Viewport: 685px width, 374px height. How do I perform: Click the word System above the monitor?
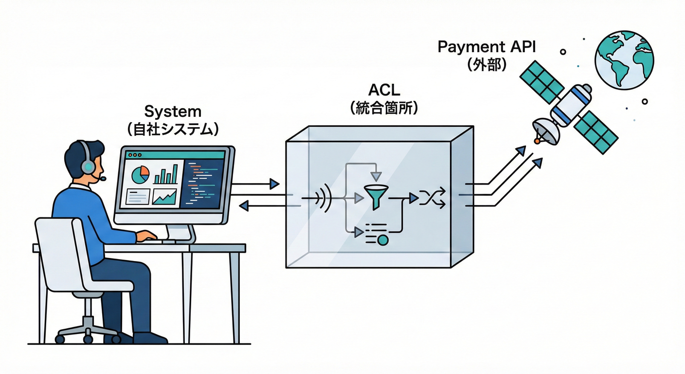[x=173, y=112]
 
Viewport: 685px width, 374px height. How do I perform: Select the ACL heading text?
[x=384, y=91]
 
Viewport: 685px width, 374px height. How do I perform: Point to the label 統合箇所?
[x=384, y=108]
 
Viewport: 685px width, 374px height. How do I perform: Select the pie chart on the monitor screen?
[x=141, y=175]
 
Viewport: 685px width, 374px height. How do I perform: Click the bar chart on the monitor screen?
[x=166, y=174]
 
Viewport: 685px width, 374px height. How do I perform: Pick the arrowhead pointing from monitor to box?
[x=274, y=184]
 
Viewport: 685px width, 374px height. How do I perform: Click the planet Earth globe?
[x=624, y=60]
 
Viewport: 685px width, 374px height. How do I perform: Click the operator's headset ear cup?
[x=88, y=167]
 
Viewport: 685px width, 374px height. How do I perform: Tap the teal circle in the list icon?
[x=383, y=240]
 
